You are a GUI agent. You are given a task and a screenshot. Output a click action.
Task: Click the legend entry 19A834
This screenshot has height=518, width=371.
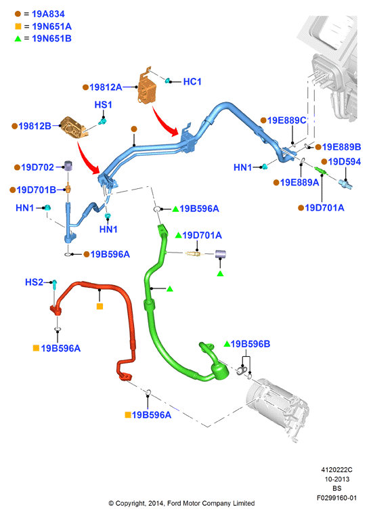pyautogui.click(x=48, y=14)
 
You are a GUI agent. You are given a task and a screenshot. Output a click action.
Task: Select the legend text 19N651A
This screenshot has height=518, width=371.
pyautogui.click(x=52, y=26)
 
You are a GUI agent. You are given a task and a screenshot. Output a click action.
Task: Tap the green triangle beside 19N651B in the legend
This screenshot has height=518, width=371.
pyautogui.click(x=18, y=39)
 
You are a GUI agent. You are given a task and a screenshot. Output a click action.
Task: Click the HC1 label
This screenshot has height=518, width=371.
pyautogui.click(x=192, y=82)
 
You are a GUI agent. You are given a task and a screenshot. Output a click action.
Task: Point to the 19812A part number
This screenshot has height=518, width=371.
pyautogui.click(x=106, y=87)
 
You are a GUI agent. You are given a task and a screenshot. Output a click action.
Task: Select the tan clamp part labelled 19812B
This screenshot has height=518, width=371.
pyautogui.click(x=73, y=127)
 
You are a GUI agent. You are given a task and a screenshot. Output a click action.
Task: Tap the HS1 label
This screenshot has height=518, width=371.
pyautogui.click(x=103, y=105)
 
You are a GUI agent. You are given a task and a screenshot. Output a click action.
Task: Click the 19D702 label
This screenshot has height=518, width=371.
pyautogui.click(x=37, y=167)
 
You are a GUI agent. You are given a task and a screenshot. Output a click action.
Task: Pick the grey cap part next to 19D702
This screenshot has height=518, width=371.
pyautogui.click(x=68, y=166)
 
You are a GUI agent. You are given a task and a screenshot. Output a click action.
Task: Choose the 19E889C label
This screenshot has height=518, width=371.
pyautogui.click(x=287, y=121)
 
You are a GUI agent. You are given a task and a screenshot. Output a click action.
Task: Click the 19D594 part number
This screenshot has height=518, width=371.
pyautogui.click(x=344, y=162)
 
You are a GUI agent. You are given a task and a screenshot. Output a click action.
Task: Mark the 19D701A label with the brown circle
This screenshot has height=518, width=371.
pyautogui.click(x=324, y=207)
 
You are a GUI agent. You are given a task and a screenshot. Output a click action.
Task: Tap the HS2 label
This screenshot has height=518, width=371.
pyautogui.click(x=34, y=282)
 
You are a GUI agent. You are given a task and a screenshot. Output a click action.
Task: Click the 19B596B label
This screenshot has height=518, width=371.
pyautogui.click(x=250, y=344)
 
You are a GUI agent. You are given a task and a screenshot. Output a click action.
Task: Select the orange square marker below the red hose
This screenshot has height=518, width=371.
pyautogui.click(x=100, y=306)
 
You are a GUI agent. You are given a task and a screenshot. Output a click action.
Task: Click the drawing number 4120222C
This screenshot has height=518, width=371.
pyautogui.click(x=336, y=469)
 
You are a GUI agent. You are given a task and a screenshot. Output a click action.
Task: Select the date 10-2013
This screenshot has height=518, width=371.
pyautogui.click(x=336, y=479)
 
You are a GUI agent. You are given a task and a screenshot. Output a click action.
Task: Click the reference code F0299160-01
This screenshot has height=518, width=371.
pyautogui.click(x=336, y=498)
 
